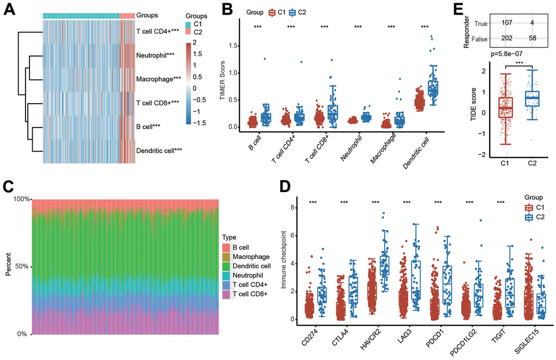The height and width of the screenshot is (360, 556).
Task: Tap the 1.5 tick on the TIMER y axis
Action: pos(234,46)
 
